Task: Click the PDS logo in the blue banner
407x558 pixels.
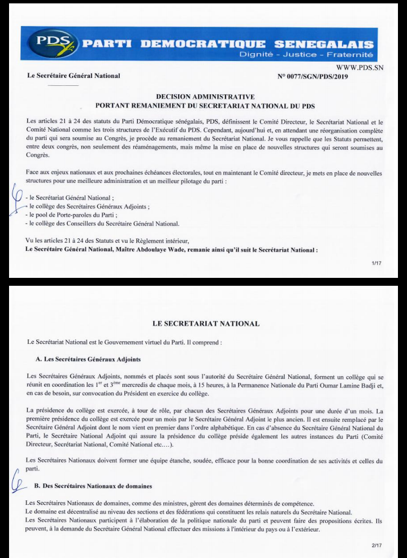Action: coord(54,43)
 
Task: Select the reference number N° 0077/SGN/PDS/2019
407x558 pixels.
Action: coord(311,76)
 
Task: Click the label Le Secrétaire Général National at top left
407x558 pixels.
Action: coord(73,76)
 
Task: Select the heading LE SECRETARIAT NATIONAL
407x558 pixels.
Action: coord(206,324)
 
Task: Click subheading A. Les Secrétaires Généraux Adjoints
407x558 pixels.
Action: coord(88,359)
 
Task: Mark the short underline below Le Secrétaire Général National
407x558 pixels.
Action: coord(67,85)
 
